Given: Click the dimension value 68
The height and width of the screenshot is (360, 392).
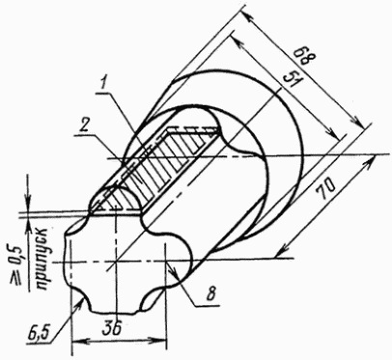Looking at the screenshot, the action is [305, 57].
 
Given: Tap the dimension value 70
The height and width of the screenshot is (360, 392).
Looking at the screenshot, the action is [325, 189].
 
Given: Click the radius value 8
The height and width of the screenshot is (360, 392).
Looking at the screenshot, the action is [210, 293].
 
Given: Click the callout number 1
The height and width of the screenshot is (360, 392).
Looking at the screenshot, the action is [102, 83].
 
